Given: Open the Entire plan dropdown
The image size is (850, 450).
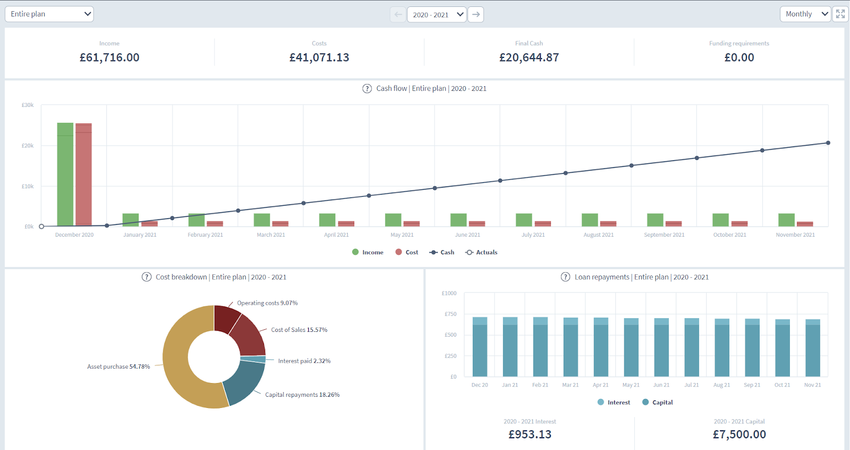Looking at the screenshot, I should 49,14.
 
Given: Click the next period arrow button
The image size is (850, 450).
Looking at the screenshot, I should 476,14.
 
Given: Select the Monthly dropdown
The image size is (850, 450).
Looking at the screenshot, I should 805,14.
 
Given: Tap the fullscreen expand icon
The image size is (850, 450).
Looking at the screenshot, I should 840,14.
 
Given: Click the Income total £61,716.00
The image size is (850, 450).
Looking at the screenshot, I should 109,57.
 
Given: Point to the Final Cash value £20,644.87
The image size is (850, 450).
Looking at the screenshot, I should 529,57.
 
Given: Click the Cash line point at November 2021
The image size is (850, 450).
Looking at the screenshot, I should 828,143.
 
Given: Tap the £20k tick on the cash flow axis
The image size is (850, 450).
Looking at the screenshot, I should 28,146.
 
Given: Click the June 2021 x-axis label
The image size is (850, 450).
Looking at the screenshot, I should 467,235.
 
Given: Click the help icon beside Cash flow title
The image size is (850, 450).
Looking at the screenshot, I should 367,89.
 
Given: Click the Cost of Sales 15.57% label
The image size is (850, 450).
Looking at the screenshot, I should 299,330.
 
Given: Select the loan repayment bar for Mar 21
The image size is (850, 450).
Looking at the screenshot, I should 571,348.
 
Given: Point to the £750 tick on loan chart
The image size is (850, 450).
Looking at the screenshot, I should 450,314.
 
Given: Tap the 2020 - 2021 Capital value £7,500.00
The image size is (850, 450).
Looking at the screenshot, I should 739,435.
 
